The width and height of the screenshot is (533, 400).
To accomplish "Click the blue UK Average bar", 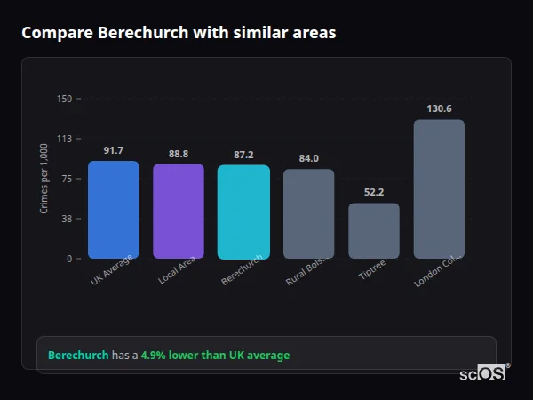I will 113,210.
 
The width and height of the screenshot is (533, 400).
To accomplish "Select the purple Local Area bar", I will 179,212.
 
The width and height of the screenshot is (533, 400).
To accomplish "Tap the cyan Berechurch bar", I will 243,212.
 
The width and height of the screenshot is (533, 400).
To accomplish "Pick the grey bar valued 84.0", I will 308,213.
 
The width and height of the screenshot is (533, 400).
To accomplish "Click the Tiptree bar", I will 374,231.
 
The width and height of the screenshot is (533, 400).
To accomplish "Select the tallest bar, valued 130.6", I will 439,189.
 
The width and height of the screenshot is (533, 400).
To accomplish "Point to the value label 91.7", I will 114,150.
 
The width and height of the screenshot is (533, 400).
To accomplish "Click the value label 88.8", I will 179,154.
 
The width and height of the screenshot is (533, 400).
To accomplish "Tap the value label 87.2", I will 243,155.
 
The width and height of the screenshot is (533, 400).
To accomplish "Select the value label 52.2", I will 374,193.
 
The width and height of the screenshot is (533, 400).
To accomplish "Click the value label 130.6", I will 439,108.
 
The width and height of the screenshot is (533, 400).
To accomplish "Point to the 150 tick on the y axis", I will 64,99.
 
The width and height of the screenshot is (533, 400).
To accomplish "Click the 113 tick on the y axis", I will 64,139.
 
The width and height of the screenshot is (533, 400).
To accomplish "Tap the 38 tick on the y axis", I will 66,219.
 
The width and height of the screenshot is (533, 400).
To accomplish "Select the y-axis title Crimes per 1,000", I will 44,179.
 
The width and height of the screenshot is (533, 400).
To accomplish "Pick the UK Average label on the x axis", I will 111,270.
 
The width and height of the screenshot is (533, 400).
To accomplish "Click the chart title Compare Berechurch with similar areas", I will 179,33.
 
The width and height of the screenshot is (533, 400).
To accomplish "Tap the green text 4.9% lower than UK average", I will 215,356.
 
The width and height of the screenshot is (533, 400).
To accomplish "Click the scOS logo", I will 483,373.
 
